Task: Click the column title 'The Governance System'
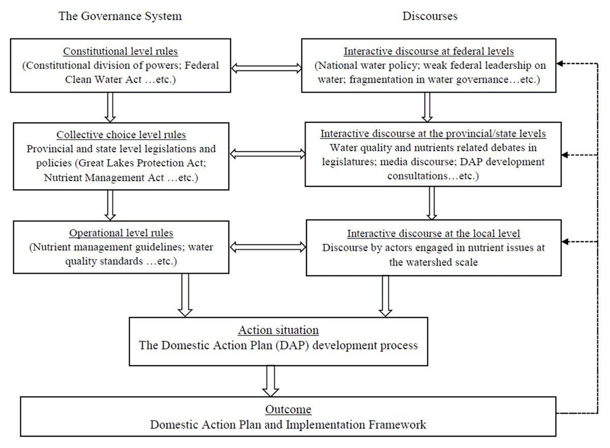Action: coord(120,16)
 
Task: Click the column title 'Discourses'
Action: coord(430,16)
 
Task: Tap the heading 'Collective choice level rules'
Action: coord(121,135)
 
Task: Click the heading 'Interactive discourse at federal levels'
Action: coord(429,52)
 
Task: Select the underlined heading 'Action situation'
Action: coord(278,330)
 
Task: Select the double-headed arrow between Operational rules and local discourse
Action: coord(268,247)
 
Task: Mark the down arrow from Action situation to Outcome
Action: coord(270,381)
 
